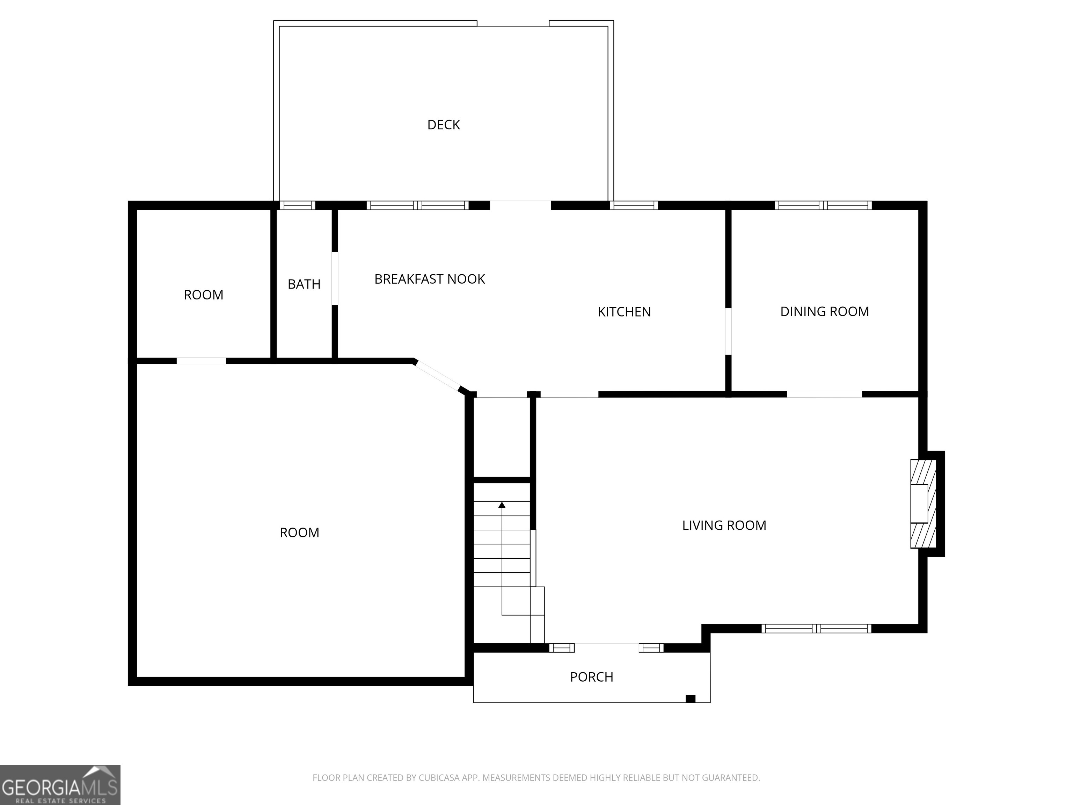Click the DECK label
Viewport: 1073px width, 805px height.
point(443,125)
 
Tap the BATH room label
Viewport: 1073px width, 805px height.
point(304,284)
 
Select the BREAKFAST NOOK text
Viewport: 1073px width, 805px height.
point(430,279)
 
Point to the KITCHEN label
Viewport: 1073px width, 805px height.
point(624,312)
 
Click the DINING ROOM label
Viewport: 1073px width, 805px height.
point(825,312)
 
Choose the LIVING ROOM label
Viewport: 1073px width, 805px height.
point(724,525)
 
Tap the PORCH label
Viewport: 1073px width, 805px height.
point(591,677)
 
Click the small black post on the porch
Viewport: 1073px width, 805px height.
point(690,699)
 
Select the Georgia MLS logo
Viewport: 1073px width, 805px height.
point(60,785)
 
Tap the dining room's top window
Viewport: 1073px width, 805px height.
point(823,205)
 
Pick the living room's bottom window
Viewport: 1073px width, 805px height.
point(816,628)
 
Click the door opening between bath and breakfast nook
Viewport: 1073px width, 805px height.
point(335,278)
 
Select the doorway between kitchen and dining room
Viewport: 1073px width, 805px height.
point(728,332)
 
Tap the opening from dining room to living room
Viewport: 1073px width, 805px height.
point(824,394)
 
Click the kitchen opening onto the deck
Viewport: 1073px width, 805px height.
point(520,205)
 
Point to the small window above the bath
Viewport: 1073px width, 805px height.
point(297,205)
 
